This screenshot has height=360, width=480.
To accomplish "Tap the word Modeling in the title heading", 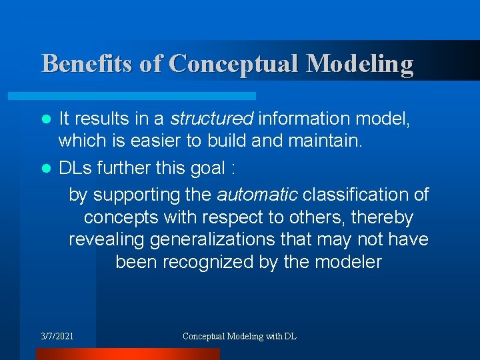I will (360, 64).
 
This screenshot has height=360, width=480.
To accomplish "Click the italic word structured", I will (211, 119).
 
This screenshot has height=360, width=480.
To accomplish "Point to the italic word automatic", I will (258, 195).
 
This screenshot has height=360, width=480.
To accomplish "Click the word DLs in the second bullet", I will (76, 168).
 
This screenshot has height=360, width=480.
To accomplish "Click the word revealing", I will (107, 239).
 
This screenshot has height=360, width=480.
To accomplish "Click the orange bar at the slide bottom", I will (127, 354).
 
